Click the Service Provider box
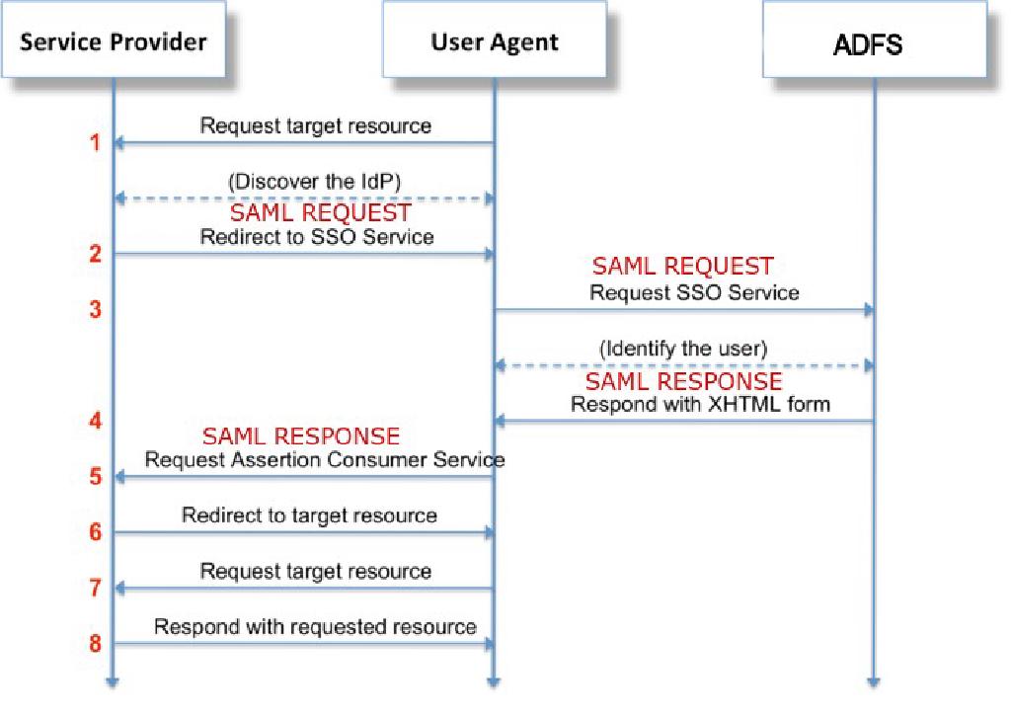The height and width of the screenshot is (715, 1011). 114,41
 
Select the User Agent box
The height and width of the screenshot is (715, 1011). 494,41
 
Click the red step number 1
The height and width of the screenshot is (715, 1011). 96,143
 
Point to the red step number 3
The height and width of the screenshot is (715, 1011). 96,310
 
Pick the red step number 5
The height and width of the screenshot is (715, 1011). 96,477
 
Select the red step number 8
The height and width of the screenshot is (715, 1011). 96,644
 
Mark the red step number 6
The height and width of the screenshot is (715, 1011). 96,532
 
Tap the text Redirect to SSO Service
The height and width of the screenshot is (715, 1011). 316,237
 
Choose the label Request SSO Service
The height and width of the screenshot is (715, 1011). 694,292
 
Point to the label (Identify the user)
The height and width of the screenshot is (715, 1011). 683,349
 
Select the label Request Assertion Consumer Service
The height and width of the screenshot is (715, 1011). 325,459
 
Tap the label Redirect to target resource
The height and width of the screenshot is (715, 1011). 309,516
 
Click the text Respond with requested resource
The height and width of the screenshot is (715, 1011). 315,627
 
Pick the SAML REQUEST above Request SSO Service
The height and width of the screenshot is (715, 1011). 682,266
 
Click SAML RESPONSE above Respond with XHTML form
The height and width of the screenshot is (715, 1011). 683,381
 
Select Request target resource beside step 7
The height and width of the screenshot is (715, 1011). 315,571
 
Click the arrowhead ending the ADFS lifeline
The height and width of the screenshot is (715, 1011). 874,681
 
